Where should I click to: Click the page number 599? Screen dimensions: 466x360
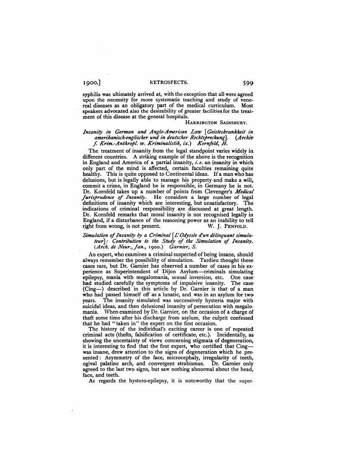pyautogui.click(x=249, y=83)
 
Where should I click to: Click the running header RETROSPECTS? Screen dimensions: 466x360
pyautogui.click(x=169, y=83)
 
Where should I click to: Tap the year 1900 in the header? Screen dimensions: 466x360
pyautogui.click(x=92, y=83)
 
